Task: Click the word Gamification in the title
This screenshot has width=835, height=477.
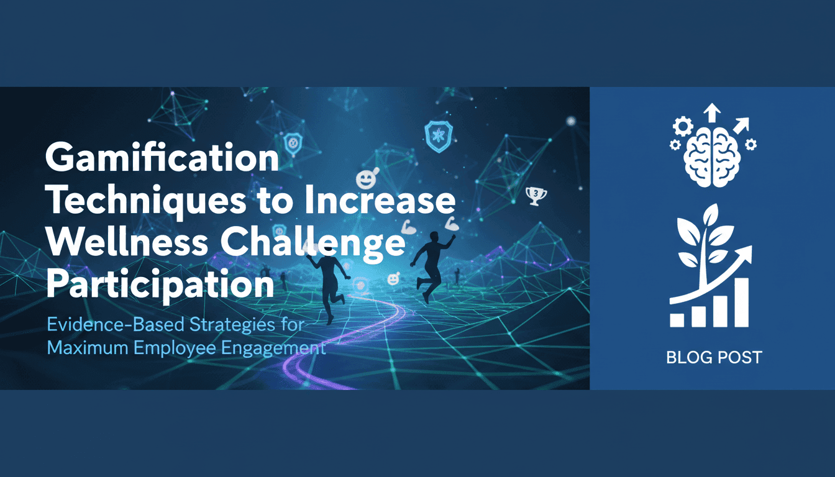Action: point(162,160)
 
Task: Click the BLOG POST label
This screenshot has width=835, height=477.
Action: point(713,358)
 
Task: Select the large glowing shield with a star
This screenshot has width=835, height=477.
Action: point(438,135)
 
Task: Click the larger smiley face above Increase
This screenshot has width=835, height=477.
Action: point(365,180)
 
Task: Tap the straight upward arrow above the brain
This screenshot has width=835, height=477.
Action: point(712,114)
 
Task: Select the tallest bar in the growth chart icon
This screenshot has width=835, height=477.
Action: point(741,302)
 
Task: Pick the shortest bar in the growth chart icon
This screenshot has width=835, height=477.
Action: point(677,319)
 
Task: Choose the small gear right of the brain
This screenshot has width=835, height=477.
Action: point(751,145)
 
